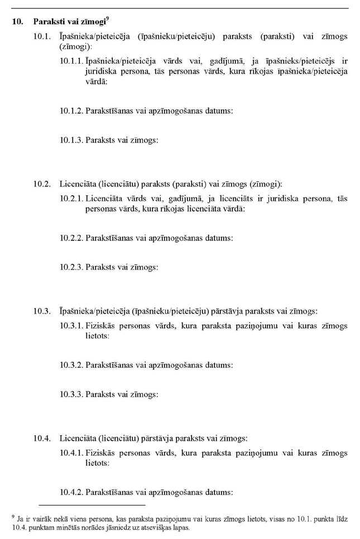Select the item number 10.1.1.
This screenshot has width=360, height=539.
pos(71,61)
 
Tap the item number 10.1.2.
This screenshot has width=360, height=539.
pos(71,110)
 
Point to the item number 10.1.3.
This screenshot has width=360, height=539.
pos(71,140)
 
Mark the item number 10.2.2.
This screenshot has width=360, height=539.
pos(71,238)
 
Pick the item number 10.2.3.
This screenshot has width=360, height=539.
pos(71,267)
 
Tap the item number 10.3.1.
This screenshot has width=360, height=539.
pos(71,325)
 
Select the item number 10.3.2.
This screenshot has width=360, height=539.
pos(71,365)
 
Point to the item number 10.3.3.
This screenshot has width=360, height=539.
pos(71,394)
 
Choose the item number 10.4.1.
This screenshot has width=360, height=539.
pos(71,453)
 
